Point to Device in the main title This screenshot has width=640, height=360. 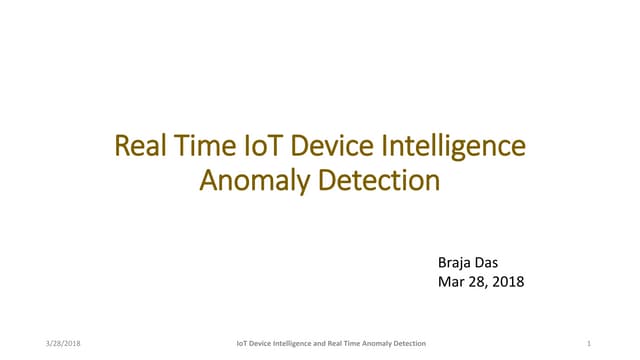click(321, 148)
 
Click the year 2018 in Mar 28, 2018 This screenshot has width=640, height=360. click(506, 282)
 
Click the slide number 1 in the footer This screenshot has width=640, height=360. click(590, 343)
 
